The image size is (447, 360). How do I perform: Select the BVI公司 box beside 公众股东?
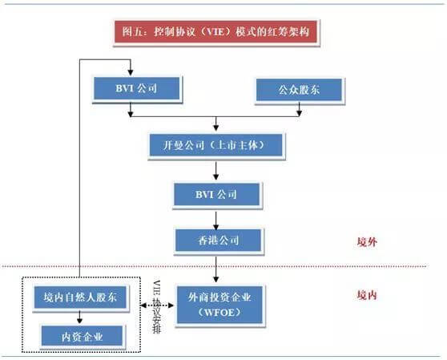[131, 89]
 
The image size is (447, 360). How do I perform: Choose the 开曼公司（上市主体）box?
[216, 145]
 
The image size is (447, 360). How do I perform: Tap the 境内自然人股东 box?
[80, 298]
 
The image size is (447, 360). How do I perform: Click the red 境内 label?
[367, 295]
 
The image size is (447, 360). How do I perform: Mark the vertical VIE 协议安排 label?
[157, 308]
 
